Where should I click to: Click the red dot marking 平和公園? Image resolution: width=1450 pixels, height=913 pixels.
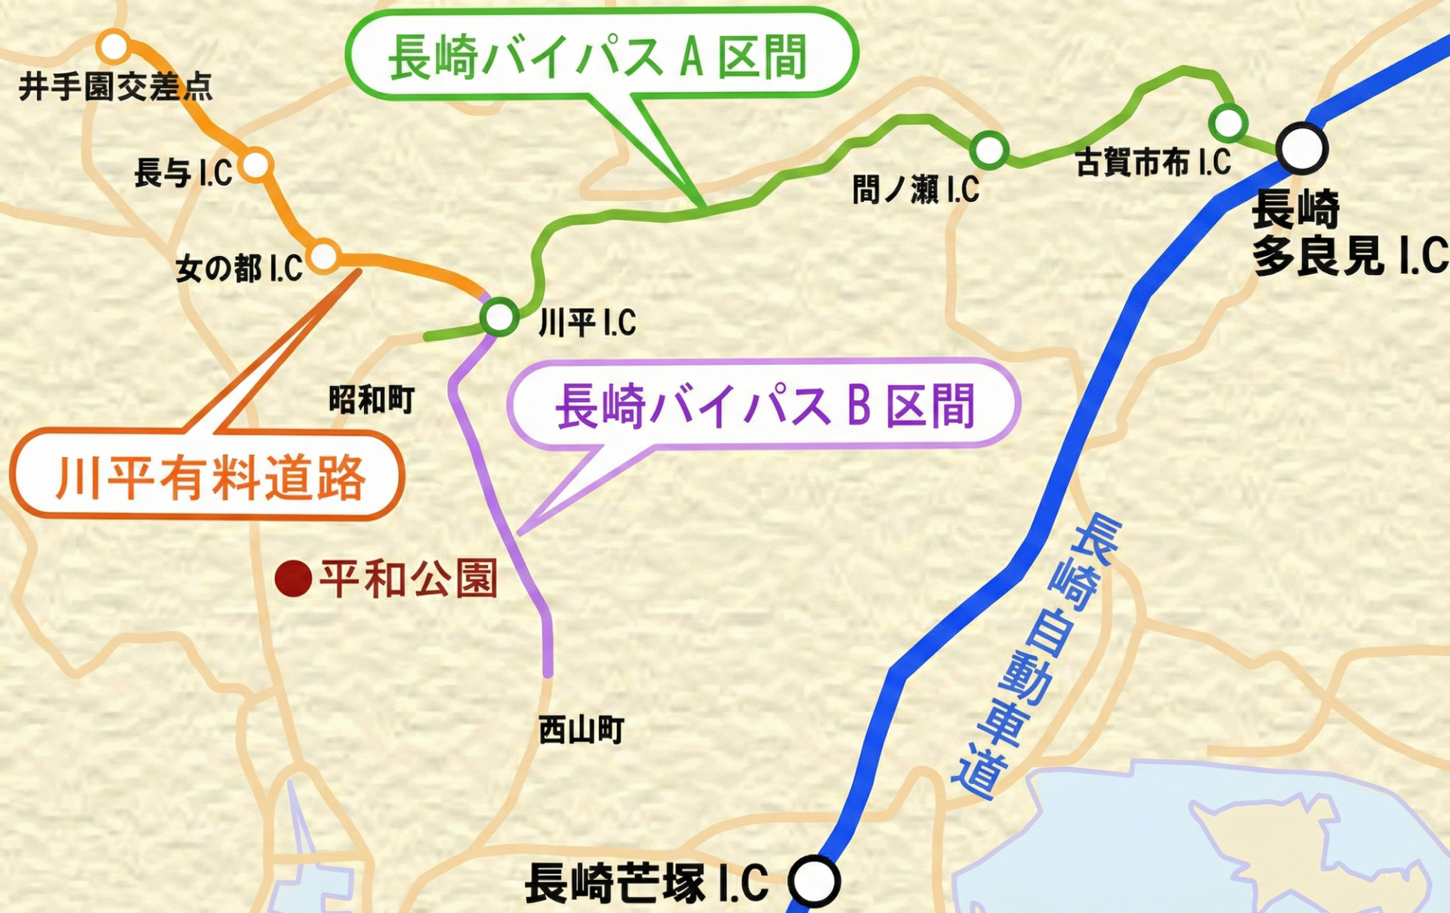click(x=293, y=579)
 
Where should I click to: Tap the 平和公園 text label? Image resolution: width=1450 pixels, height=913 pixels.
click(x=409, y=579)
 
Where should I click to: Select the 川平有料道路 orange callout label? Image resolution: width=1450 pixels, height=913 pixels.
click(x=208, y=477)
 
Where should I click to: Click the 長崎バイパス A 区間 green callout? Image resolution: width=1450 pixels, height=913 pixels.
click(x=600, y=55)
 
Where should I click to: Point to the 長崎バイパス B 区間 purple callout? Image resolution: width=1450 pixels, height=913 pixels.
click(x=764, y=405)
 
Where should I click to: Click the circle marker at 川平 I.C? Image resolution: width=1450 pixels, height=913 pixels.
click(x=499, y=316)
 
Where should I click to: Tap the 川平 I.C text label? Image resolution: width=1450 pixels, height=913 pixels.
click(x=587, y=323)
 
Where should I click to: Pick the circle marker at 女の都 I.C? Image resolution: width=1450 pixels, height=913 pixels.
click(x=324, y=255)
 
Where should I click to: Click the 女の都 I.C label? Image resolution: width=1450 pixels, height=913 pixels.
click(x=239, y=268)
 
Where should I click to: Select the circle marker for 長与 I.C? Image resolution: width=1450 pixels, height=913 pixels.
click(x=256, y=165)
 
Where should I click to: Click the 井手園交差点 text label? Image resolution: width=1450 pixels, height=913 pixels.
click(x=116, y=87)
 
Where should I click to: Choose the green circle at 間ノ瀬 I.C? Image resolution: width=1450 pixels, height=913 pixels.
click(x=989, y=150)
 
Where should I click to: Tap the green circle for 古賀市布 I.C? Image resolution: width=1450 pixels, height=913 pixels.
click(x=1227, y=122)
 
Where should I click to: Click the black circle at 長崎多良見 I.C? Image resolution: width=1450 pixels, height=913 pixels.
click(x=1301, y=148)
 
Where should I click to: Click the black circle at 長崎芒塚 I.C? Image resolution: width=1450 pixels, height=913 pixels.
click(x=813, y=881)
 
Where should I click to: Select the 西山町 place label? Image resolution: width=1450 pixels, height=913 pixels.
click(x=581, y=730)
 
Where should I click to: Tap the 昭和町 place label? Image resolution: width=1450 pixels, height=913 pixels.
click(x=372, y=399)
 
